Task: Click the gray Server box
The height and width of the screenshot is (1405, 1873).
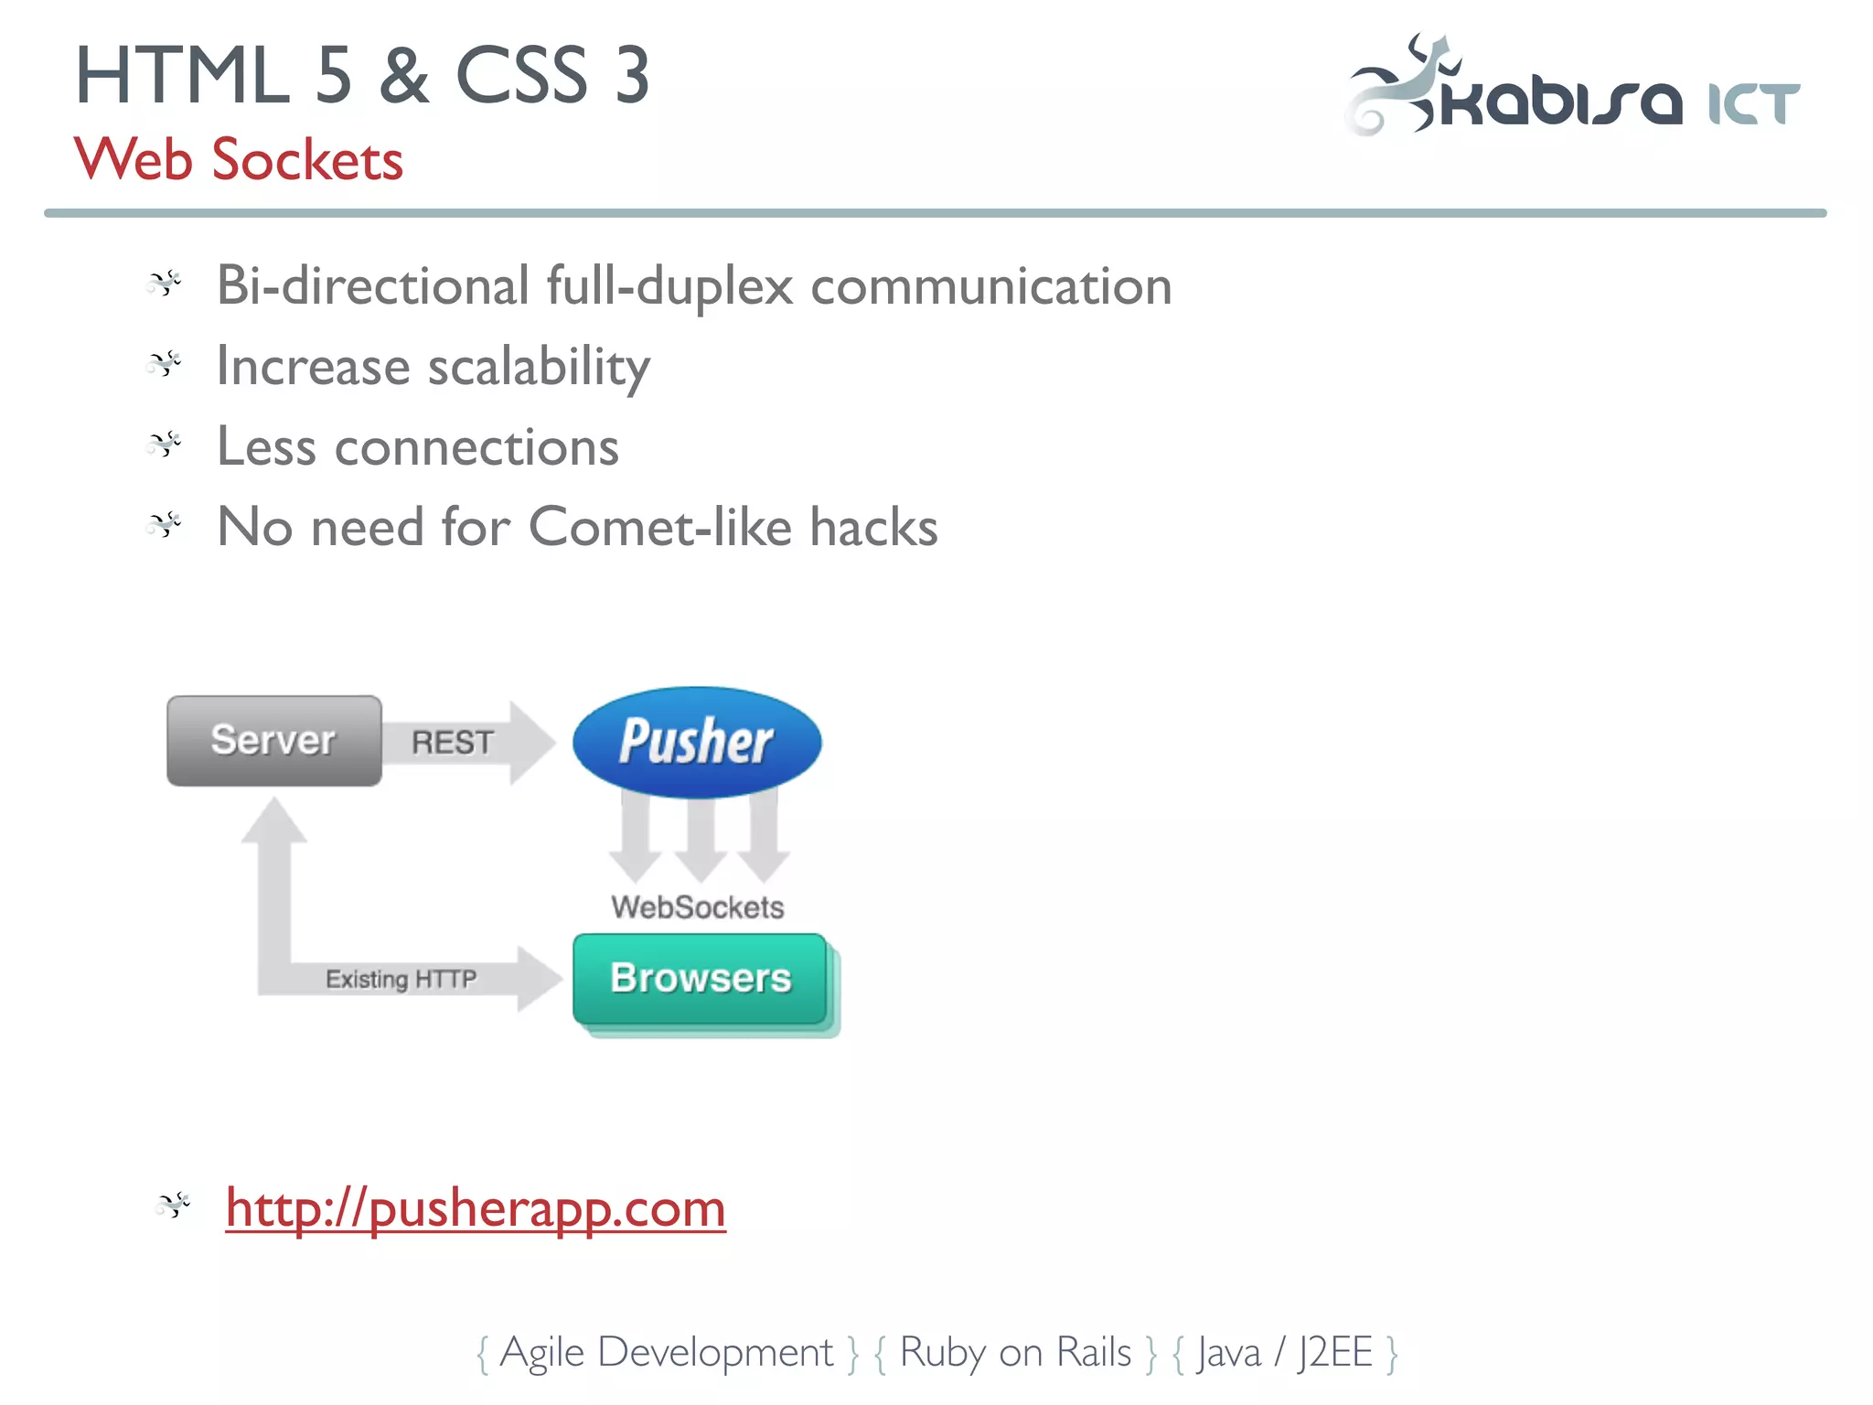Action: click(x=273, y=740)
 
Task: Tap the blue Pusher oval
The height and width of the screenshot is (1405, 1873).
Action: click(x=696, y=741)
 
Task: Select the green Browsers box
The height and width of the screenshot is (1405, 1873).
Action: click(x=700, y=979)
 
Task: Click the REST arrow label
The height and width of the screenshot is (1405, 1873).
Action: click(x=452, y=742)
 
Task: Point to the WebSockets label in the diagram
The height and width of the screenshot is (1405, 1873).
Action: click(x=698, y=907)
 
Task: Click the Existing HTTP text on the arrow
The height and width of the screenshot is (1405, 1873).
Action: click(x=401, y=980)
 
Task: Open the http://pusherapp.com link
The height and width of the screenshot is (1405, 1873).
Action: click(x=476, y=1207)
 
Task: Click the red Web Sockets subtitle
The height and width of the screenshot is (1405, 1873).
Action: click(x=238, y=160)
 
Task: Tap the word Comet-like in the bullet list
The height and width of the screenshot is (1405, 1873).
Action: click(x=659, y=527)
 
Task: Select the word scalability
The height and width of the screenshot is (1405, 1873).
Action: click(x=539, y=367)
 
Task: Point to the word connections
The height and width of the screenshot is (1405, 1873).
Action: click(x=476, y=447)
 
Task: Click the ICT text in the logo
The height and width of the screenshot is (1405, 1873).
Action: click(x=1753, y=103)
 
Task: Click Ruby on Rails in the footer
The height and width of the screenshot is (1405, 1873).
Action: click(x=1015, y=1352)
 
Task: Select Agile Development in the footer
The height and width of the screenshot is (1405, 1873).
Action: click(x=667, y=1352)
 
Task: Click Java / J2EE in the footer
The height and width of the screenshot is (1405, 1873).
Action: click(x=1285, y=1352)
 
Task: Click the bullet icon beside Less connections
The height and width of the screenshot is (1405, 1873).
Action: click(x=165, y=445)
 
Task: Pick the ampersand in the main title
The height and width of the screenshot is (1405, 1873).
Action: click(x=403, y=76)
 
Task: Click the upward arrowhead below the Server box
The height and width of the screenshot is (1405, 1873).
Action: click(x=273, y=819)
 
